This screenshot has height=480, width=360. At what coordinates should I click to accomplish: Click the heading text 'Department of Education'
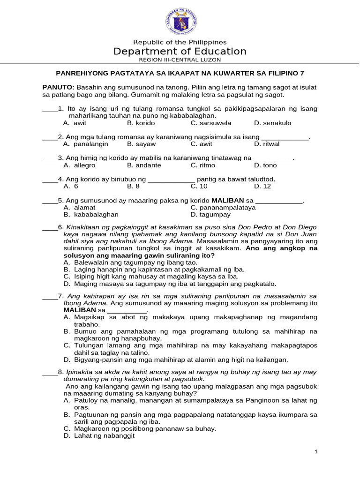[180, 51]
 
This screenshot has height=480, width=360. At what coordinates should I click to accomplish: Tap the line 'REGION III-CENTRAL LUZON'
[180, 60]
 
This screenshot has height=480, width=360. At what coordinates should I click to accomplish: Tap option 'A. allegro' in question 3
[79, 165]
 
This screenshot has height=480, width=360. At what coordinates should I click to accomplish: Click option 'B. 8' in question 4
[133, 186]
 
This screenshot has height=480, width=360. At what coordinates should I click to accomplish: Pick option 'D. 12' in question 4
[262, 186]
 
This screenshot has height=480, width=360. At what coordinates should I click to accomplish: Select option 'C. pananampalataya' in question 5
[223, 207]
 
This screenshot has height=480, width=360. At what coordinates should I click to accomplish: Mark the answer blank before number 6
[50, 227]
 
